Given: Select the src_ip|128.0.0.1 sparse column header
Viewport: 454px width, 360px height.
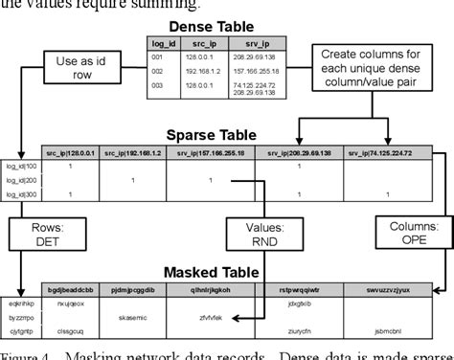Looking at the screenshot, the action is (71, 152).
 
